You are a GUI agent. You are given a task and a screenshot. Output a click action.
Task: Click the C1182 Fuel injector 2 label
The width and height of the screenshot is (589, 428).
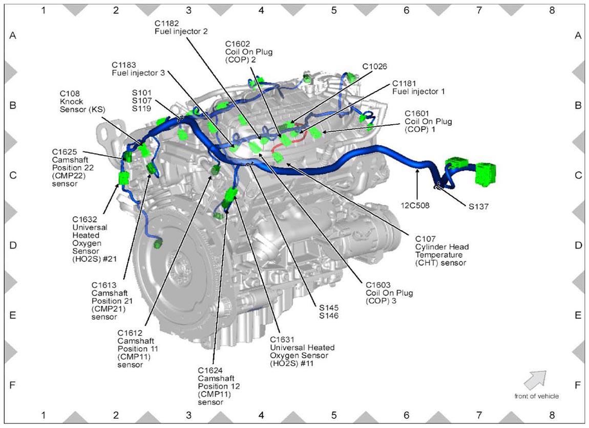(x=181, y=28)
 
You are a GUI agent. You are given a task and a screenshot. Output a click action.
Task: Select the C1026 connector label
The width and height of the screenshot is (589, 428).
(x=374, y=66)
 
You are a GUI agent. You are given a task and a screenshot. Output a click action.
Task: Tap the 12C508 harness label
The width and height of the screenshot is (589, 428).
(x=415, y=206)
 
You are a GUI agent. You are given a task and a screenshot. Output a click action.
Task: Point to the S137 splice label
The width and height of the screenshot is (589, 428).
(x=478, y=206)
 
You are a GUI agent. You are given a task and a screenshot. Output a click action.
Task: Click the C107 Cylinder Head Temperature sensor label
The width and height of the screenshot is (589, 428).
(x=441, y=251)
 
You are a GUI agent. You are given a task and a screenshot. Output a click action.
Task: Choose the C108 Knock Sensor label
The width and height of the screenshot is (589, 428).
(x=82, y=101)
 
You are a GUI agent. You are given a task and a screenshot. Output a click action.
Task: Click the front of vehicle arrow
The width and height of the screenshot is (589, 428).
(x=535, y=380)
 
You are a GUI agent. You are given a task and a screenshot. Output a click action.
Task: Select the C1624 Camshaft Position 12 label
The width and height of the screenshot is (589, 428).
(x=219, y=386)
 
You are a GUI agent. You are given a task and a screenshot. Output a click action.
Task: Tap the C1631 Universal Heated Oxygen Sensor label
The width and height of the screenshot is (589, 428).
(x=302, y=351)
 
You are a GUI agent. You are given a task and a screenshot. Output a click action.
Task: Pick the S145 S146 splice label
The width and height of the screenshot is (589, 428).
(x=329, y=312)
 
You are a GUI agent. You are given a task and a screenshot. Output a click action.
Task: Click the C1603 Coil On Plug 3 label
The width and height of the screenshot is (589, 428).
(x=389, y=293)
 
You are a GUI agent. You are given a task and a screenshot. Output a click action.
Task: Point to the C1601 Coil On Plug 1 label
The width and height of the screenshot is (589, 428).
(x=428, y=121)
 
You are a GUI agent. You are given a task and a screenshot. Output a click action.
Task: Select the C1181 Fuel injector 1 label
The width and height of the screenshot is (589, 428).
(x=418, y=87)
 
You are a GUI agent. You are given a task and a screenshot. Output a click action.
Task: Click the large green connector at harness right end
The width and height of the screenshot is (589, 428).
(x=485, y=174)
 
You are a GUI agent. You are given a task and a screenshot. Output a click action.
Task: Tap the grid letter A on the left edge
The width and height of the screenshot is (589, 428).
(x=13, y=36)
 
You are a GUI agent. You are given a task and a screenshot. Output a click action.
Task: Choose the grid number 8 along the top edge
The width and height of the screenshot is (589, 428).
(x=552, y=10)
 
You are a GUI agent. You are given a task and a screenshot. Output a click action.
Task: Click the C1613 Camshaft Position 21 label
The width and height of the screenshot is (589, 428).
(x=112, y=301)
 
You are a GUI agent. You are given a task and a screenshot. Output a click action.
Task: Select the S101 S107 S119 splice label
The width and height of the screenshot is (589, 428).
(x=141, y=101)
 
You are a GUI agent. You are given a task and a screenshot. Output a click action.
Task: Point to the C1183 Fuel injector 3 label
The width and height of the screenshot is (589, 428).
(x=138, y=69)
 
